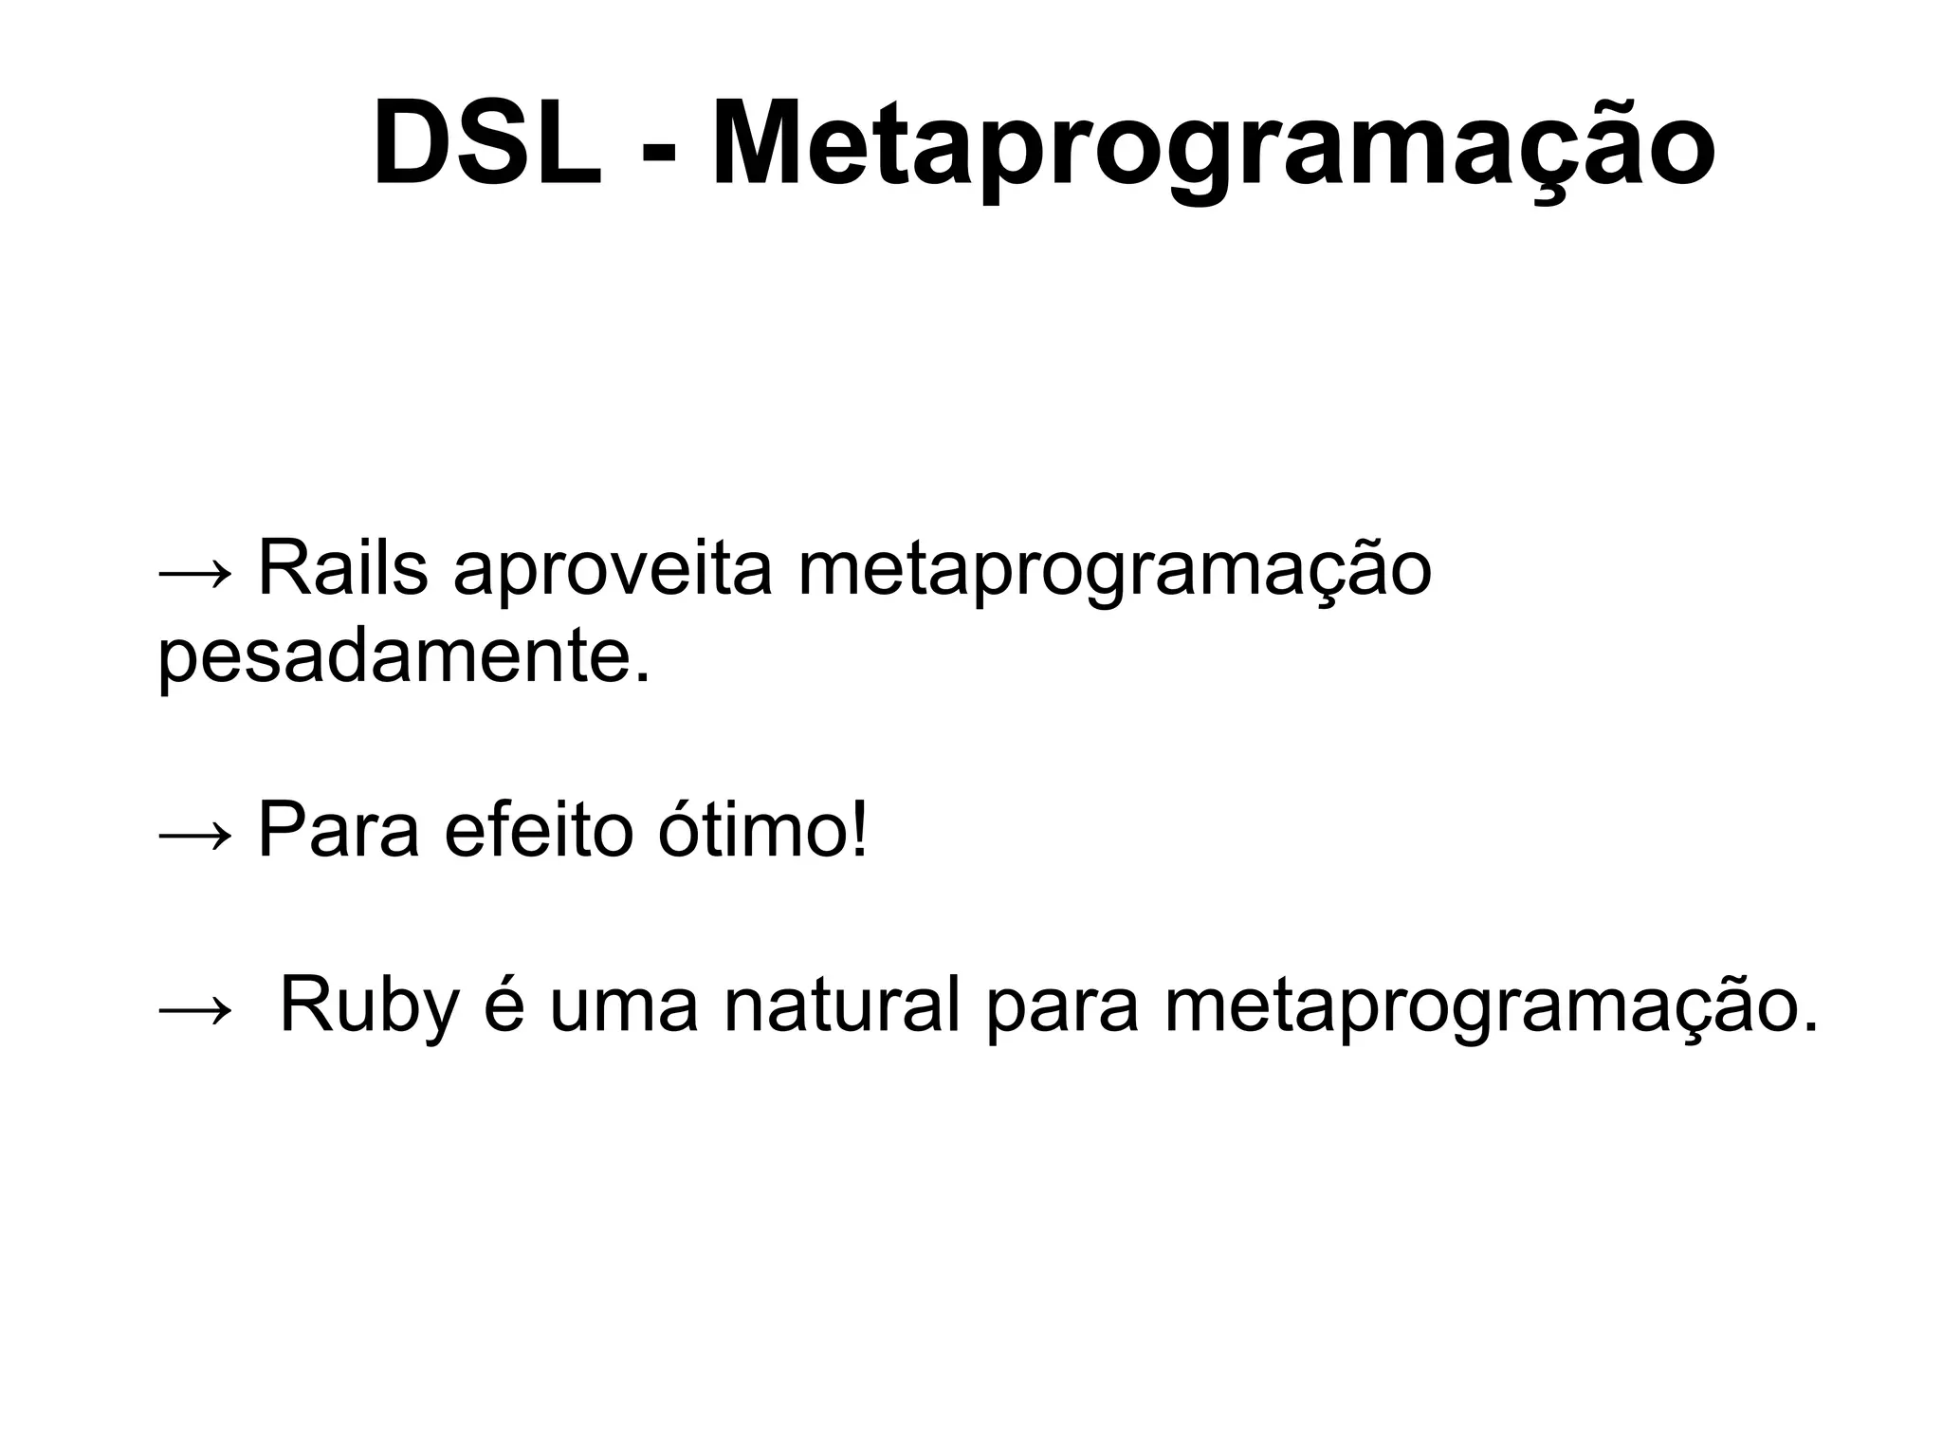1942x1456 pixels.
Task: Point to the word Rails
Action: click(342, 569)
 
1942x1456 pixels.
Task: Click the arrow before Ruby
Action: click(194, 1009)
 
